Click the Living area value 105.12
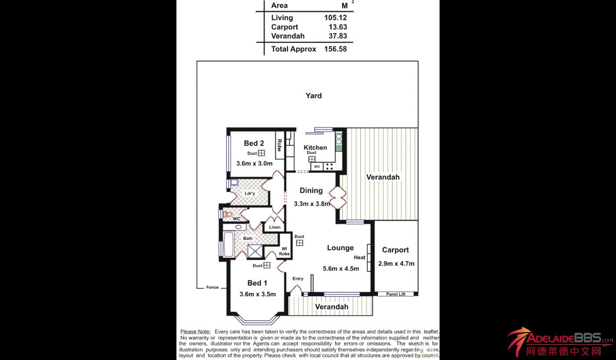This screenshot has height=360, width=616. click(335, 18)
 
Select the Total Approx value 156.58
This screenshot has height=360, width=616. click(335, 49)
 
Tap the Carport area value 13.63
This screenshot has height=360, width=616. click(338, 27)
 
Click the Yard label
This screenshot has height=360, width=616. click(314, 96)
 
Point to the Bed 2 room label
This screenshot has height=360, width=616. click(254, 143)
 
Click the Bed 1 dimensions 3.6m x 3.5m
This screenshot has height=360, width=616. click(257, 294)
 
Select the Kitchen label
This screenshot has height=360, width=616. click(315, 147)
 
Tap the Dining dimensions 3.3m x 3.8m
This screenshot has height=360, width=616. click(312, 204)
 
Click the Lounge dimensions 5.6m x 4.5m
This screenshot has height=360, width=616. click(341, 268)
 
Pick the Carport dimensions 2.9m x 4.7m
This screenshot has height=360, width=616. click(396, 264)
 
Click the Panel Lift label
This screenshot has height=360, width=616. click(396, 294)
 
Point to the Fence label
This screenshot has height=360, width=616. click(213, 287)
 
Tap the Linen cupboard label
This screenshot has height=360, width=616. click(275, 227)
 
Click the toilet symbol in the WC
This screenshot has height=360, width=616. click(227, 214)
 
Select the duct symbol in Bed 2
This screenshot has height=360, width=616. click(261, 153)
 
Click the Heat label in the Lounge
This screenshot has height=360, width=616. click(359, 257)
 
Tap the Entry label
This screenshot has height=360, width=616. click(298, 279)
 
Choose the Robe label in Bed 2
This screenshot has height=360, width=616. click(279, 145)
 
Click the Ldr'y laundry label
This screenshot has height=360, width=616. click(250, 193)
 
